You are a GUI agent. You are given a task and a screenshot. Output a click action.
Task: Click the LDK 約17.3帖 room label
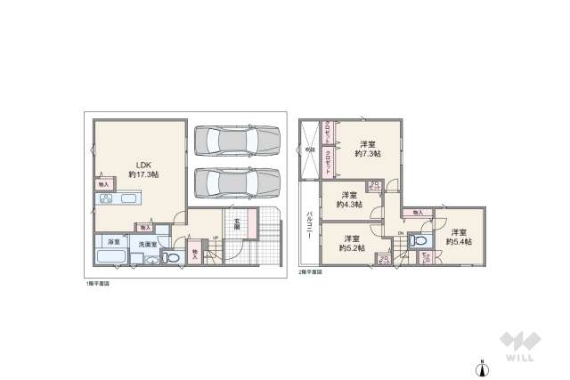142,169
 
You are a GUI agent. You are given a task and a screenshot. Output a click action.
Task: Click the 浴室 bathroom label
113,243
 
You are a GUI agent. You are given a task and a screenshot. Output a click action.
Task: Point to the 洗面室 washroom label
147,243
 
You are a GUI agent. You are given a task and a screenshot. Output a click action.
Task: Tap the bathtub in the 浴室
110,258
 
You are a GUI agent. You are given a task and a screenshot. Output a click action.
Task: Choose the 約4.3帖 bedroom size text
349,205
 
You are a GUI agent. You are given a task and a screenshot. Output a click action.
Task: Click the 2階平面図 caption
312,271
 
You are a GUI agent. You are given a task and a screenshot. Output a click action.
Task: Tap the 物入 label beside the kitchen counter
103,184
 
